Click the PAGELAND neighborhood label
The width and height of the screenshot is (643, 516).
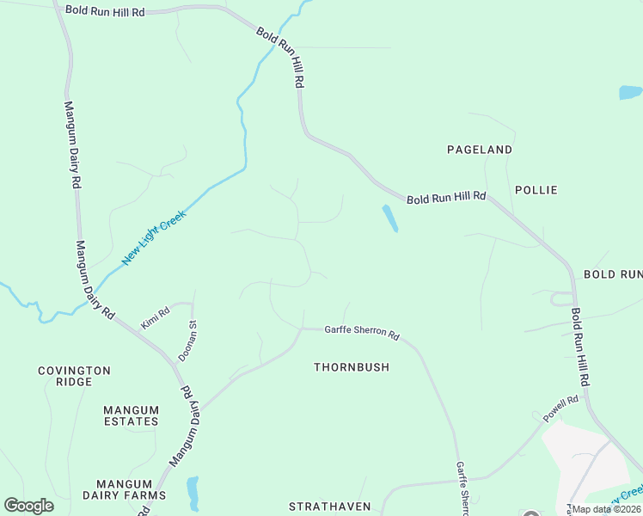pos(480,150)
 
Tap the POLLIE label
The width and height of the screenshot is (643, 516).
pos(536,190)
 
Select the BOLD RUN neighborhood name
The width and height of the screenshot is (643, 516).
pos(613,274)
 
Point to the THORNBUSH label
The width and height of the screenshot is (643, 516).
pos(352,367)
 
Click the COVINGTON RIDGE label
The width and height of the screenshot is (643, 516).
pos(74,376)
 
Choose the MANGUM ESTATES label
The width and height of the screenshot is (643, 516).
pos(131,415)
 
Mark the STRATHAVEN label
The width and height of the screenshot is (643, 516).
pos(328,507)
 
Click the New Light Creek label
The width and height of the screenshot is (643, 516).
pos(154,237)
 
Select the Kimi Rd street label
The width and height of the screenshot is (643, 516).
pos(156,316)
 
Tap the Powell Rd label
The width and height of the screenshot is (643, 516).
pos(560,408)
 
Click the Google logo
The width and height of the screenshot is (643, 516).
pos(29,506)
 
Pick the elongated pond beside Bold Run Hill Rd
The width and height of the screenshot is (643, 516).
pos(389,218)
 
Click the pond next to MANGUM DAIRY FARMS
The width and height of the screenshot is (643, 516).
pos(193,493)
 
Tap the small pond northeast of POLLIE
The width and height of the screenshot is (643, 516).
pos(630,92)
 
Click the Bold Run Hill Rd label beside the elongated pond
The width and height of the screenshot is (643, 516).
pos(446,198)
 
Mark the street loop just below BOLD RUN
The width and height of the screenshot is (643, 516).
pos(561,299)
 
